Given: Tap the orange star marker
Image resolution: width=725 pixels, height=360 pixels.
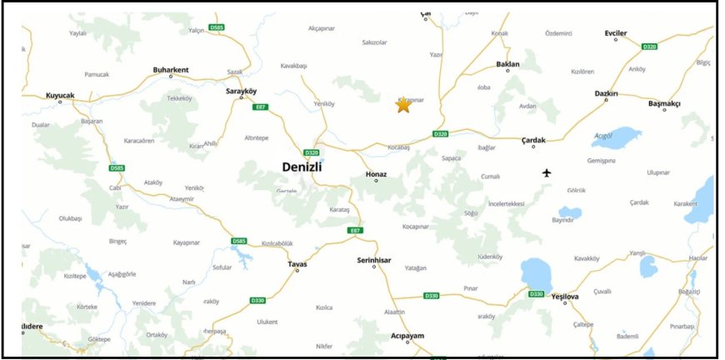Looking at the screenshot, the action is (403, 105).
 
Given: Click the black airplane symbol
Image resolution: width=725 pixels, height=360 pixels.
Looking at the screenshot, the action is (547, 173).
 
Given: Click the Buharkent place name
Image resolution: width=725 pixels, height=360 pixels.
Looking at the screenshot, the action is (172, 69).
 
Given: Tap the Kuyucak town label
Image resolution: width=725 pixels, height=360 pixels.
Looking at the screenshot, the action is (60, 95).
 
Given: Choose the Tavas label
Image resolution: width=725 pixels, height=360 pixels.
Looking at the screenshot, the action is (297, 264).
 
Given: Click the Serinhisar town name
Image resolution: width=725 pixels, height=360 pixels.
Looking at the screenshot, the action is (374, 260).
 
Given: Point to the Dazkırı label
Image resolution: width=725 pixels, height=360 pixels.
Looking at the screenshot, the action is (606, 94).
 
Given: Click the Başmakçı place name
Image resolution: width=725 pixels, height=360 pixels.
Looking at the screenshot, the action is (664, 103).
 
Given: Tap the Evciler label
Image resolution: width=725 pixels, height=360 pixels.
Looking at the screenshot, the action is (615, 33).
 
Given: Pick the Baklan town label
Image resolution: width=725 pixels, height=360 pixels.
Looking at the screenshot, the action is (507, 64).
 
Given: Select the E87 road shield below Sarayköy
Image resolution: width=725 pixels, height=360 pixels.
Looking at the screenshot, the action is (261, 107).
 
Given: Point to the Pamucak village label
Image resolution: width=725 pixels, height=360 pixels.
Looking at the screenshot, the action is (97, 74).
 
